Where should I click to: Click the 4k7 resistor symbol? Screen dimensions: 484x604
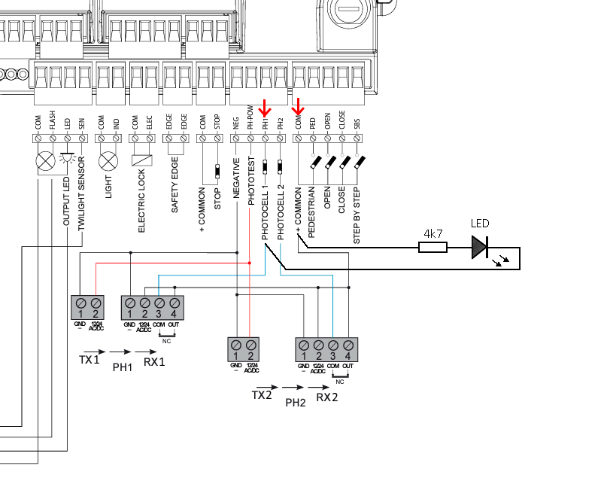coord(433,246)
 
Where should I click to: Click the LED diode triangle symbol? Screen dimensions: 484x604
coord(480,247)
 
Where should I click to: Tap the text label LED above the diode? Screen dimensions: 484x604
coord(481,224)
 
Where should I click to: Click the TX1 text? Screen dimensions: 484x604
coord(89,360)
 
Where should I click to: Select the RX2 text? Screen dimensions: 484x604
coord(327,397)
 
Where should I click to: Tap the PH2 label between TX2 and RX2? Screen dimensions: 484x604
coord(296,403)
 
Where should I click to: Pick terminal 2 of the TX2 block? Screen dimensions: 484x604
coord(250,348)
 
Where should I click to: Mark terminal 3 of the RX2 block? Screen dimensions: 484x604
coord(332,348)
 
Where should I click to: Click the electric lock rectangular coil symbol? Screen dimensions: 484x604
coord(141,160)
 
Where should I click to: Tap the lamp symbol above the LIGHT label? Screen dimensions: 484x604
coord(109,160)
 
